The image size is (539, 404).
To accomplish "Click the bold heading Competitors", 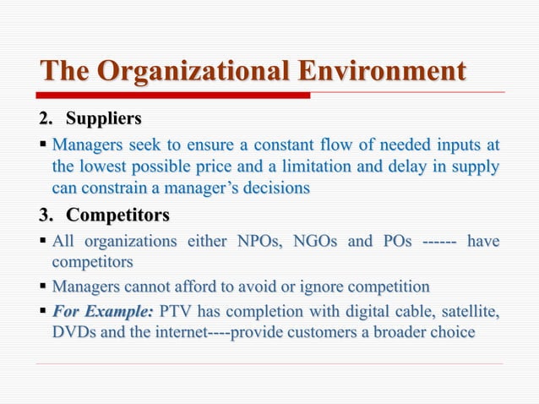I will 117,216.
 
